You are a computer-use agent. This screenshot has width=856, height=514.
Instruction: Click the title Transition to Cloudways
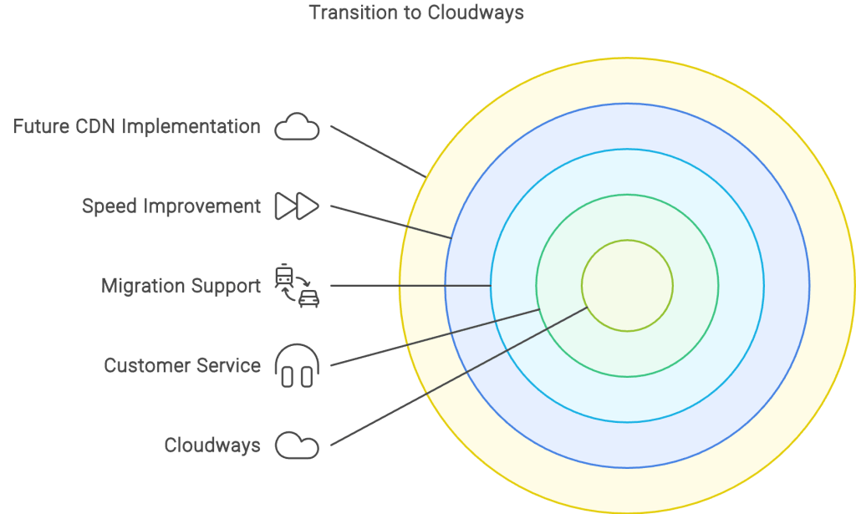click(416, 13)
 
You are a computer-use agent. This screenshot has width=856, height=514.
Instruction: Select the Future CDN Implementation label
click(136, 126)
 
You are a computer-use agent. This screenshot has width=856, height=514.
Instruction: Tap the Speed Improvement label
click(171, 206)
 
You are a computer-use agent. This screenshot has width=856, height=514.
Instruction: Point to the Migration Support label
click(181, 286)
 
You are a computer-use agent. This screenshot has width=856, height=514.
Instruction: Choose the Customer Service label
click(182, 365)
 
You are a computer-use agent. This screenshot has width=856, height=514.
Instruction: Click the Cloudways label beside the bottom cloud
click(212, 445)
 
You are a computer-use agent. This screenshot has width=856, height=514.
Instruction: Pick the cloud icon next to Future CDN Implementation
click(297, 126)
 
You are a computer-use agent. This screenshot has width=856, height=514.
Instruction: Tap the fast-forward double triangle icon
click(297, 206)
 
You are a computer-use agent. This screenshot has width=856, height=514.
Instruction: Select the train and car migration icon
click(297, 286)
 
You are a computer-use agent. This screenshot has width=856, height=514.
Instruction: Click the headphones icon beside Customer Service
click(297, 365)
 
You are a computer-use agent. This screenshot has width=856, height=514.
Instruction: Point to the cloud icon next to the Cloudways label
click(297, 445)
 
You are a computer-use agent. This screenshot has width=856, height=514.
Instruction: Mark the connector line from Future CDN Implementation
click(379, 151)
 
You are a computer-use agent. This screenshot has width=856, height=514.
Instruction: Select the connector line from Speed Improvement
click(391, 222)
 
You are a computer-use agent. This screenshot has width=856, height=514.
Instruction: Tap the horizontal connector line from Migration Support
click(410, 285)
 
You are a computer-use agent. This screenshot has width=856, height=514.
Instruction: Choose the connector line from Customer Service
click(435, 337)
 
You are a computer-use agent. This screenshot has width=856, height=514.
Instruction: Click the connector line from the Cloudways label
click(459, 376)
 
